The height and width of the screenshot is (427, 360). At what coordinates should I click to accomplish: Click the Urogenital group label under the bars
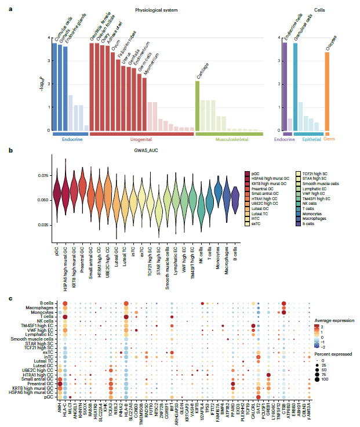pos(141,139)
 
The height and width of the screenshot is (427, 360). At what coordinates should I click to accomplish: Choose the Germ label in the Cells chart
pos(327,139)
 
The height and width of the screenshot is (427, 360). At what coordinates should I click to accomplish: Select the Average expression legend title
pos(334,320)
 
